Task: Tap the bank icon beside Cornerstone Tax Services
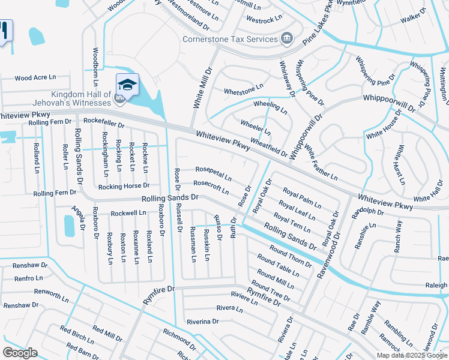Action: (x=287, y=39)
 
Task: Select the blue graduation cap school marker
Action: (x=127, y=84)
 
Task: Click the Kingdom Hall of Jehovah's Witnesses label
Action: (x=81, y=99)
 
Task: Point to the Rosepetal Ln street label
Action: (x=213, y=173)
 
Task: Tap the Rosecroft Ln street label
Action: (x=211, y=187)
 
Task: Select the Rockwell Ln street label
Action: (x=128, y=212)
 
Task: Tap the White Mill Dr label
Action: (x=202, y=88)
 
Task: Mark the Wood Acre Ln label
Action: (x=35, y=77)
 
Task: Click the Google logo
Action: (x=20, y=353)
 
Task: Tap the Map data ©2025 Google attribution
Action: (x=412, y=355)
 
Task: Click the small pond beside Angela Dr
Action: (x=70, y=226)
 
